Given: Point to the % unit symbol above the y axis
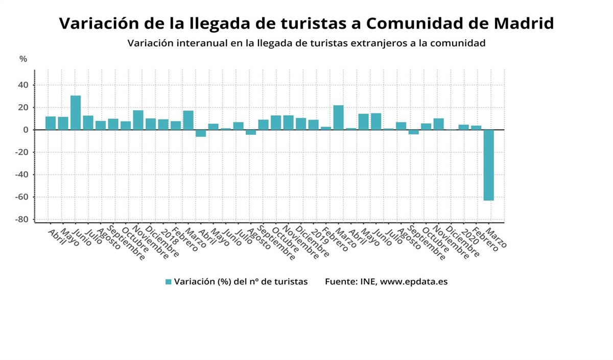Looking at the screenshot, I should click(23, 59).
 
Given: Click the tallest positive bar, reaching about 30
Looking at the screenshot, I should click(76, 113).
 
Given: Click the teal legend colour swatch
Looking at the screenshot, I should click(168, 282).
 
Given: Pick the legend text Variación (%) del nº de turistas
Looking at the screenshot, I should click(241, 282).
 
